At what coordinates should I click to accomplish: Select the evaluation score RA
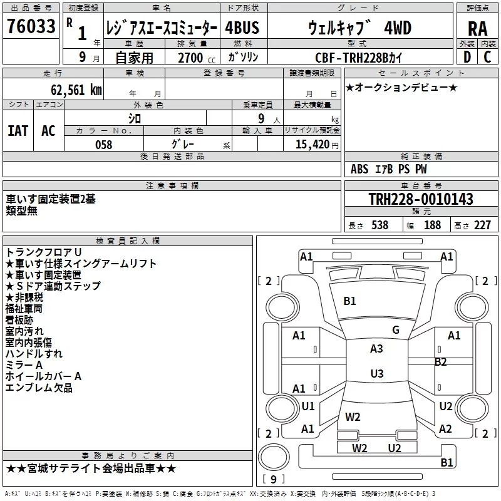(x=477, y=28)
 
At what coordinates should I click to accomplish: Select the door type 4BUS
(x=242, y=28)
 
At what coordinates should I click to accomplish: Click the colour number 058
(x=103, y=145)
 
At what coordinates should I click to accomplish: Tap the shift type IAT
(x=18, y=131)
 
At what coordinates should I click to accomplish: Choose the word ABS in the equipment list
(x=359, y=169)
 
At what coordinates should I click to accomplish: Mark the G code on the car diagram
(x=396, y=330)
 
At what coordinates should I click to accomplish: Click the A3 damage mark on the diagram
(x=376, y=349)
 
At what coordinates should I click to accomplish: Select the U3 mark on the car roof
(x=376, y=374)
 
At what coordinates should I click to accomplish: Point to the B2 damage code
(x=441, y=362)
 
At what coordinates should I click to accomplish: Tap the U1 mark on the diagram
(x=308, y=406)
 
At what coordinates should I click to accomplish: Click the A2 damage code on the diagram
(x=445, y=429)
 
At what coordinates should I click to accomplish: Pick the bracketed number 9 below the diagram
(x=273, y=480)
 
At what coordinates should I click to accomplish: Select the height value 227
(x=482, y=225)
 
